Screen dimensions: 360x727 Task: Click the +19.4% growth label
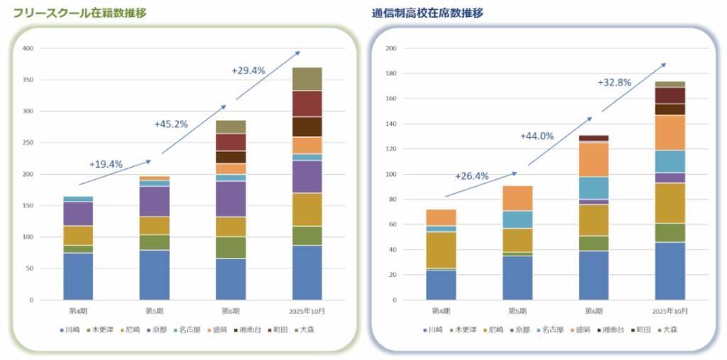[106, 164]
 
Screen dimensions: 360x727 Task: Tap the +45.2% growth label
[171, 124]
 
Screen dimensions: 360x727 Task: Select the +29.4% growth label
[248, 70]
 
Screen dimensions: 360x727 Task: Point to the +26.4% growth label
[472, 176]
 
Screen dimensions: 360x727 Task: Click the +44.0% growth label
[537, 136]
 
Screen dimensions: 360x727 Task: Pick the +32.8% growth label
[615, 82]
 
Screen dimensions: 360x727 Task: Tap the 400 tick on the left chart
[28, 48]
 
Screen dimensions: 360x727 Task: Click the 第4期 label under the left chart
[78, 310]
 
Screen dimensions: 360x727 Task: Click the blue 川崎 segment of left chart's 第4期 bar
[78, 276]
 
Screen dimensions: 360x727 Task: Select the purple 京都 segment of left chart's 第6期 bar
[231, 199]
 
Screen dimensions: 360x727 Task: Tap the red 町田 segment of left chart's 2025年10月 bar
[307, 104]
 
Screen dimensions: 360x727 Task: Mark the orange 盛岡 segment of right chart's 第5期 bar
[518, 197]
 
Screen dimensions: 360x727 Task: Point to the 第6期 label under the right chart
[594, 310]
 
